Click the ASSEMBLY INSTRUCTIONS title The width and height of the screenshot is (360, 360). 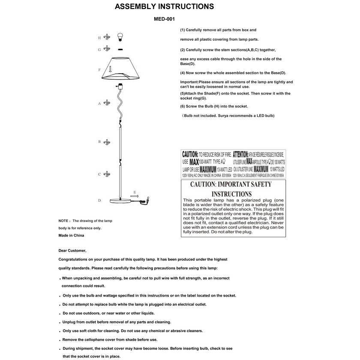click(165, 7)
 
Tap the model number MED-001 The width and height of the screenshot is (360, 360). click(164, 19)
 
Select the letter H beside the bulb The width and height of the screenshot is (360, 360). click(99, 38)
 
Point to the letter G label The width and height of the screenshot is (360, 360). click(99, 50)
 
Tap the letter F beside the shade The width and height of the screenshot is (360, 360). click(99, 70)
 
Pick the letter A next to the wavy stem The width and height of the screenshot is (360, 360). click(99, 103)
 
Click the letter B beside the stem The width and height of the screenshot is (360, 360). click(99, 141)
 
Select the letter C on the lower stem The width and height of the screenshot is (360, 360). click(99, 174)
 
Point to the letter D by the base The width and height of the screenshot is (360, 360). click(99, 200)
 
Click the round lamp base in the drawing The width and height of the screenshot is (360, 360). click(121, 201)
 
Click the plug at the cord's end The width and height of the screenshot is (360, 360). click(149, 199)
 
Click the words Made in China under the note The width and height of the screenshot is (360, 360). click(71, 235)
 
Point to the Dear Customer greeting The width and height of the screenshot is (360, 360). click(72, 251)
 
